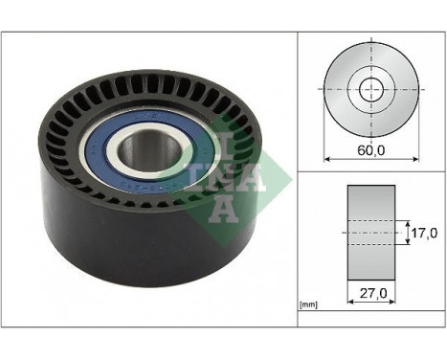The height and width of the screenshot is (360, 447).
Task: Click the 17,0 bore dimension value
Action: pyautogui.click(x=423, y=231)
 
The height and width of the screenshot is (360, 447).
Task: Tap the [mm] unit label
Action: pyautogui.click(x=308, y=305)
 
